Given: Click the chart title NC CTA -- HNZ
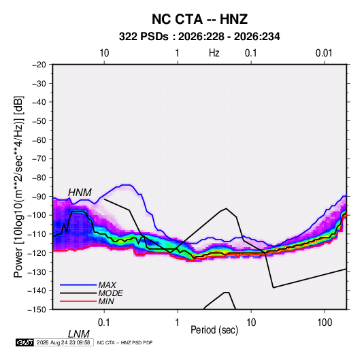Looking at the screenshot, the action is click(199, 19).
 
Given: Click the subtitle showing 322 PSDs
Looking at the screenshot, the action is click(199, 37).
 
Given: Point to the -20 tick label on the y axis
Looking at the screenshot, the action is click(39, 65).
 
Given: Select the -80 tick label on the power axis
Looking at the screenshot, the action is click(39, 178).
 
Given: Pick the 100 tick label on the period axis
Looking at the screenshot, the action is click(325, 323).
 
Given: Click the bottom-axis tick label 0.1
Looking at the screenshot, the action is click(104, 323).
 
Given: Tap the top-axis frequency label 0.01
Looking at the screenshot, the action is click(324, 53).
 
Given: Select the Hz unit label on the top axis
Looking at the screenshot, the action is click(214, 53).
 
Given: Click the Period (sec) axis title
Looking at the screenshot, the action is click(214, 330).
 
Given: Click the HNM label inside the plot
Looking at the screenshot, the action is click(80, 193).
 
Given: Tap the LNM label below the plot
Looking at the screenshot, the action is click(79, 334).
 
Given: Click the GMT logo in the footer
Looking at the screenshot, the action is click(25, 342).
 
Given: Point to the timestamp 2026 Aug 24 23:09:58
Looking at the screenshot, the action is click(63, 342).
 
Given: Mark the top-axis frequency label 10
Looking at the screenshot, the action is click(104, 53).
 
